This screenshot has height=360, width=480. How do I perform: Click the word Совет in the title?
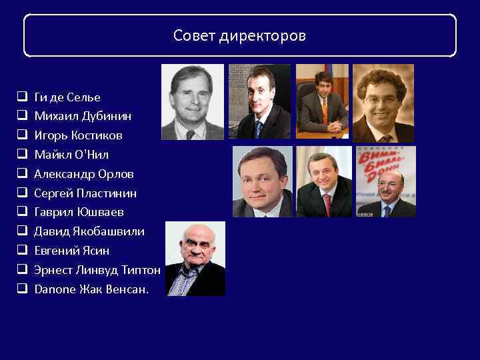click(x=193, y=35)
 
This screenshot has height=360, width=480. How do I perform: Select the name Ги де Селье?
click(x=67, y=97)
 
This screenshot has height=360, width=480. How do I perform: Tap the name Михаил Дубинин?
click(x=83, y=116)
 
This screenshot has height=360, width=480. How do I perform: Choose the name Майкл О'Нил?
click(x=71, y=155)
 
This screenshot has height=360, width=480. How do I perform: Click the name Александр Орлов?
click(x=84, y=174)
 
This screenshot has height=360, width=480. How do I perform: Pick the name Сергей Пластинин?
click(x=85, y=193)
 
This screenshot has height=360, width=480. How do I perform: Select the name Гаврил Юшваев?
click(x=79, y=212)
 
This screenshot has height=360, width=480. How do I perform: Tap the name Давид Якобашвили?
click(x=89, y=231)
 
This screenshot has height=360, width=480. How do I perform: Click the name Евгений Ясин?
click(x=72, y=251)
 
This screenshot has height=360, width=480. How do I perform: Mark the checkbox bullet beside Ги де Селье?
click(x=21, y=97)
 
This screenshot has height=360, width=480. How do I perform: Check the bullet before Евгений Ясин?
click(x=21, y=251)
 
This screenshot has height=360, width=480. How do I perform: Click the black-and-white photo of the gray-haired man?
click(x=192, y=102)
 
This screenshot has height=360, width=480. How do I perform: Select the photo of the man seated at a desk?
click(x=322, y=101)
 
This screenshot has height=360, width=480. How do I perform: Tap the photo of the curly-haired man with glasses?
click(x=383, y=103)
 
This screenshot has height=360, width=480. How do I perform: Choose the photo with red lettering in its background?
click(x=386, y=181)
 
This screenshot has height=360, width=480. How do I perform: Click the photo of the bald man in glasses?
click(x=195, y=259)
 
